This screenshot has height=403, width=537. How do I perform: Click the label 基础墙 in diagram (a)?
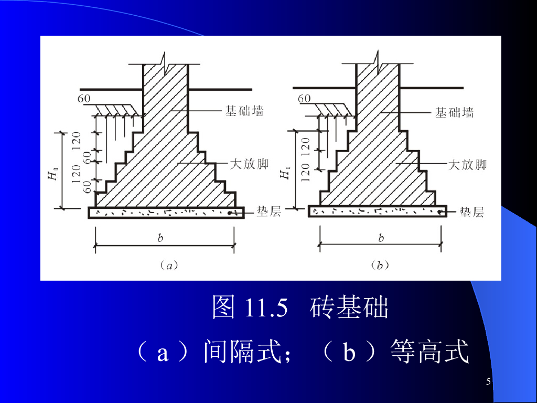click(x=244, y=111)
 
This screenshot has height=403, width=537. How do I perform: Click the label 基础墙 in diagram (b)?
click(x=455, y=112)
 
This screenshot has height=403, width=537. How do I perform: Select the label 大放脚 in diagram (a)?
click(x=250, y=164)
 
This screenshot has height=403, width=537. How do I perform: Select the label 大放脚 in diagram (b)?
click(x=467, y=165)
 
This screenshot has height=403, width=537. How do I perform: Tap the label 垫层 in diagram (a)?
click(x=268, y=211)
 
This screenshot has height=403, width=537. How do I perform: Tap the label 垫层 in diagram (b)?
click(x=471, y=212)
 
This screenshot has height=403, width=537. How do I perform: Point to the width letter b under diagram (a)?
click(x=160, y=238)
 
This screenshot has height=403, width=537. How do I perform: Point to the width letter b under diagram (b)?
click(x=381, y=238)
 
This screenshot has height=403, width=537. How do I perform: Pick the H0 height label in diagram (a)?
click(x=53, y=173)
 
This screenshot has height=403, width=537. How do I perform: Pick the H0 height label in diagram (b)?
click(x=285, y=173)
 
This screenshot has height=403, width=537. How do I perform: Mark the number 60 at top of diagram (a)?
click(x=84, y=98)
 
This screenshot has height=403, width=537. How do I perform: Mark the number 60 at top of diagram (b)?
click(x=304, y=98)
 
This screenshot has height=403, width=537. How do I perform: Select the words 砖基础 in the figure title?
click(x=349, y=307)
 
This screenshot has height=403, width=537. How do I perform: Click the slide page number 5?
click(x=489, y=381)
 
